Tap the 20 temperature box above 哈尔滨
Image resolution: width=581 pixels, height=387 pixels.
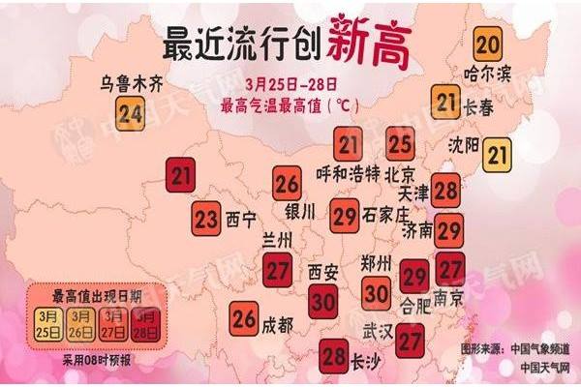tap(489, 44)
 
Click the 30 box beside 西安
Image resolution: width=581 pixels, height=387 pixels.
tap(323, 303)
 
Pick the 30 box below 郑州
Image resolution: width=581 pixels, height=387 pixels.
tap(378, 289)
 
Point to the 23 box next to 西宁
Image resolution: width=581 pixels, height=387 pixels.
tap(205, 218)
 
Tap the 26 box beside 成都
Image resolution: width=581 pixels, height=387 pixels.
tap(244, 316)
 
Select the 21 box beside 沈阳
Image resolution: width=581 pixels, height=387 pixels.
tap(497, 153)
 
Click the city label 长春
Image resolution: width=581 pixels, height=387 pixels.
tap(478, 108)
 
